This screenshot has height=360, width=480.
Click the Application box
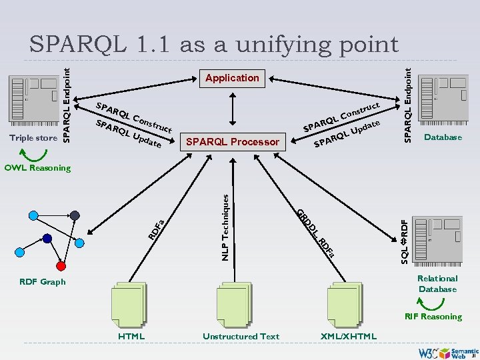point(232,78)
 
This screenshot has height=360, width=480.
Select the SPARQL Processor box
point(233,141)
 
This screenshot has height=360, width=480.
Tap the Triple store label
point(33,138)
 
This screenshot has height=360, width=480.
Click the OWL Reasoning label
point(37,167)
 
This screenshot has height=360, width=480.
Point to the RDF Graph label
point(43,282)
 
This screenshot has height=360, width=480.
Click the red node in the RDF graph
point(61,266)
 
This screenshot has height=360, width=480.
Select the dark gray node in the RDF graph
point(75,215)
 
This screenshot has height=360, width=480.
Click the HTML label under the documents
point(131,336)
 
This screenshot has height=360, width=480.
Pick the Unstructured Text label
point(241,336)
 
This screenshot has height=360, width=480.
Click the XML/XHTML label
point(349,336)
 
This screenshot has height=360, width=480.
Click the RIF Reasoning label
point(433,317)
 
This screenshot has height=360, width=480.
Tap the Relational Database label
point(437,283)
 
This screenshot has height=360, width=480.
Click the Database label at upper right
point(443,137)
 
